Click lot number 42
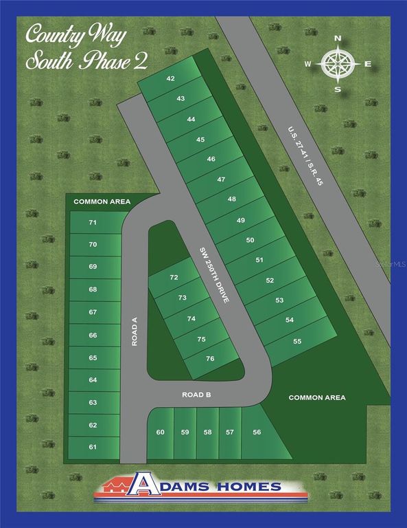pyautogui.click(x=170, y=78)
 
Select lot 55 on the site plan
pyautogui.click(x=297, y=341)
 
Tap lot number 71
pyautogui.click(x=93, y=223)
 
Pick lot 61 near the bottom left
pyautogui.click(x=93, y=447)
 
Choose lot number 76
pyautogui.click(x=210, y=358)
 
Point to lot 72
pyautogui.click(x=174, y=278)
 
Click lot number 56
pyautogui.click(x=257, y=432)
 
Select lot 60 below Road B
pyautogui.click(x=161, y=432)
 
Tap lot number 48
pyautogui.click(x=231, y=199)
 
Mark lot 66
pyautogui.click(x=93, y=335)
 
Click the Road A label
pyautogui.click(x=135, y=331)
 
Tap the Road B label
pyautogui.click(x=196, y=395)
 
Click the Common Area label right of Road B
pyautogui.click(x=316, y=397)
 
